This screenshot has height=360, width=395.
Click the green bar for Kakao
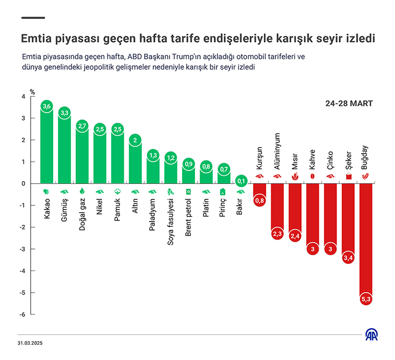pyautogui.click(x=46, y=147)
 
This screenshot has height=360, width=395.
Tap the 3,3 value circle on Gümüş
pyautogui.click(x=64, y=113)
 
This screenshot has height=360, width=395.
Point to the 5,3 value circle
pyautogui.click(x=366, y=299)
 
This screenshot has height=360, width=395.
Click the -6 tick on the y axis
pyautogui.click(x=23, y=314)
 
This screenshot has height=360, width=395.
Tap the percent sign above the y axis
pyautogui.click(x=32, y=92)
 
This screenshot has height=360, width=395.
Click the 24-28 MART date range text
pyautogui.click(x=349, y=103)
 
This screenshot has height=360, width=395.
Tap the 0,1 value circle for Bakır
pyautogui.click(x=242, y=182)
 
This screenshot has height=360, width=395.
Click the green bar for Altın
pyautogui.click(x=135, y=163)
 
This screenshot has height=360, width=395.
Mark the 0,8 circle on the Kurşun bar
pyautogui.click(x=260, y=201)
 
